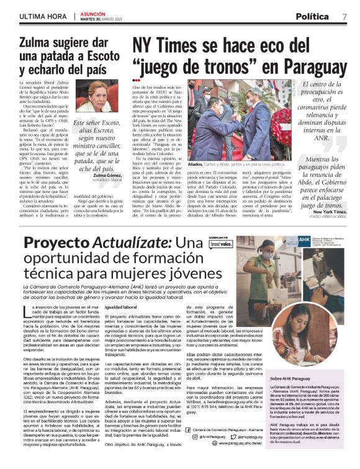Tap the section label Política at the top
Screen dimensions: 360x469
[x=312, y=16]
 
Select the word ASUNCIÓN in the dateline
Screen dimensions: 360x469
[x=91, y=12]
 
